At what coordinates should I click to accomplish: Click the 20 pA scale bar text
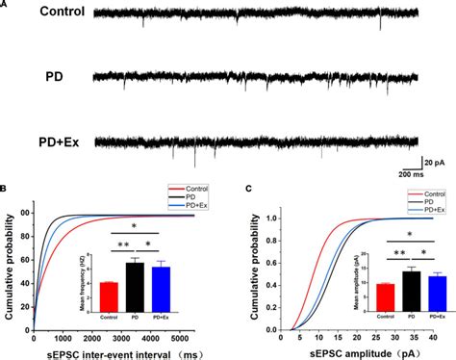coord(438,160)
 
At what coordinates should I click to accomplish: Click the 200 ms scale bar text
coord(415,174)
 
